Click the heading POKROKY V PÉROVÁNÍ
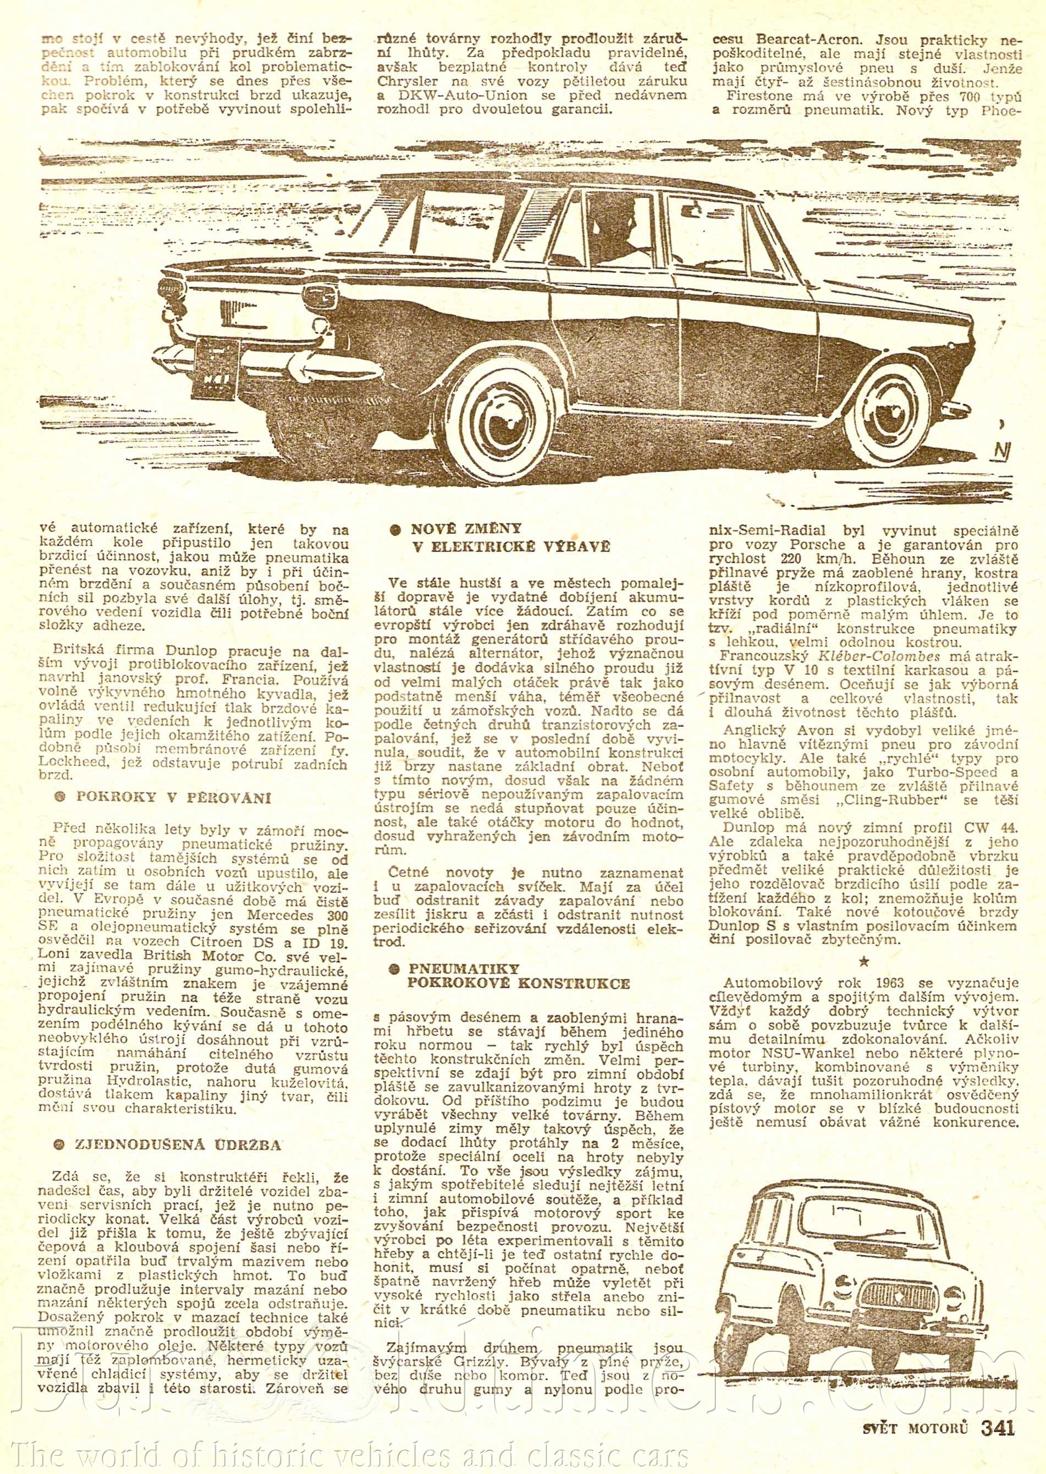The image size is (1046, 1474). click(x=172, y=798)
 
